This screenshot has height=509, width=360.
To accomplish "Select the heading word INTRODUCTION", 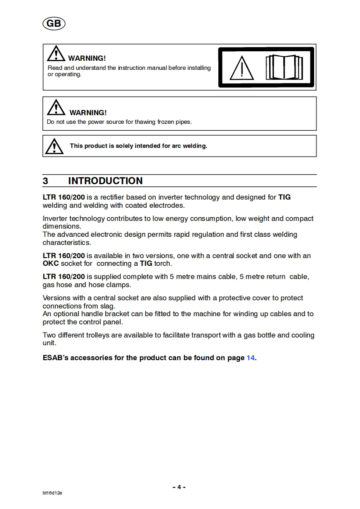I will [105, 181].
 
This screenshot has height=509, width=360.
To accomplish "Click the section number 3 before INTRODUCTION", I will [45, 181].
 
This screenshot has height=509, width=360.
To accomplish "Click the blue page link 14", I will [251, 358].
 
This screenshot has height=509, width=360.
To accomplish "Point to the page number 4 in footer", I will [179, 487].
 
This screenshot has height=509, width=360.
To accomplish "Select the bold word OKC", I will [51, 264].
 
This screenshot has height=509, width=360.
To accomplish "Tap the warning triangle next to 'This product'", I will [54, 146].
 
